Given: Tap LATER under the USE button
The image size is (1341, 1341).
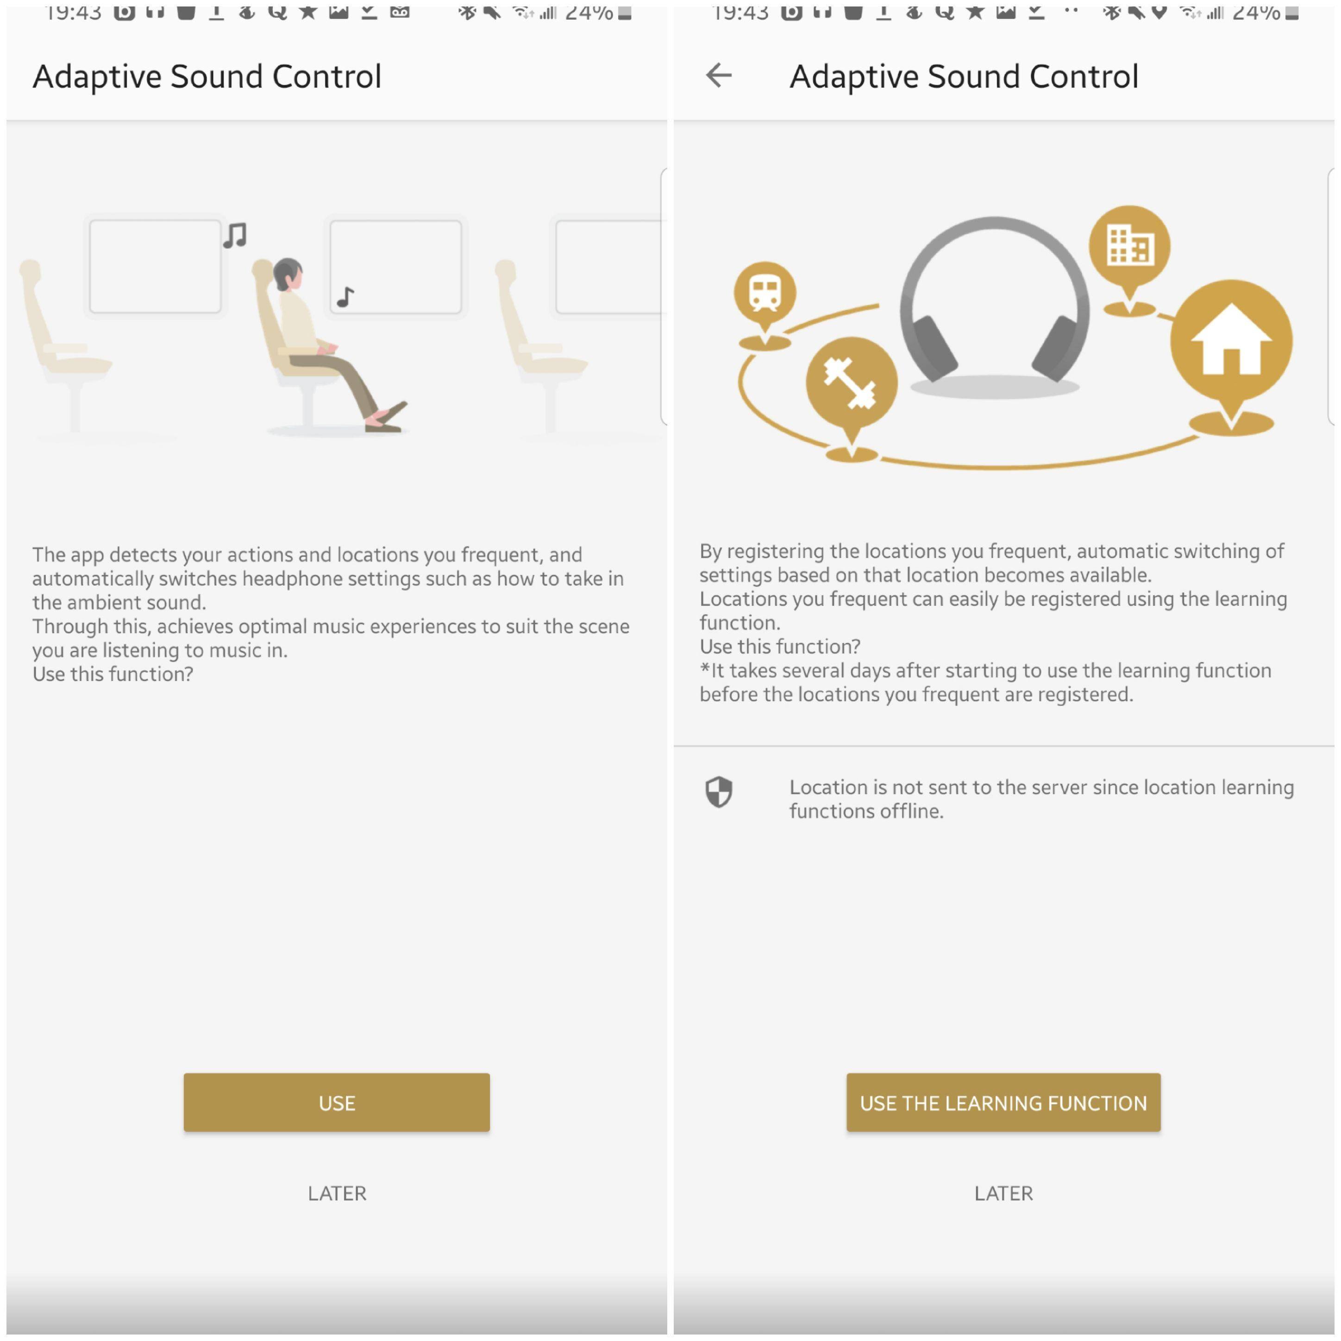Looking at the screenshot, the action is [337, 1193].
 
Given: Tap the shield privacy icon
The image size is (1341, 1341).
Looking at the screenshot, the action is [719, 792].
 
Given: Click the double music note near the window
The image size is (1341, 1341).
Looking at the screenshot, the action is [235, 235].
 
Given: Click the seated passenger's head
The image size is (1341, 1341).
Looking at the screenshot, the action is [288, 275].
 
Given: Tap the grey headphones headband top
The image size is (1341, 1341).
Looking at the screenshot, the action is [994, 224].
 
